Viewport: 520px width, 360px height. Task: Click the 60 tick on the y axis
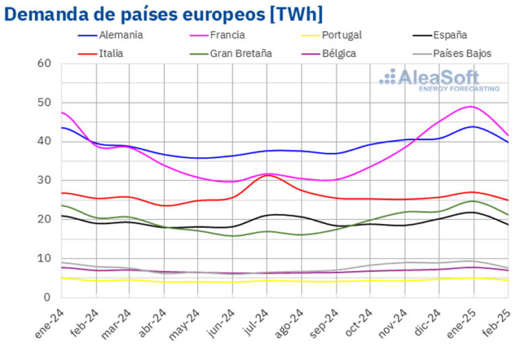point(45,64)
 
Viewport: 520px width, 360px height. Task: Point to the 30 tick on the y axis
point(45,181)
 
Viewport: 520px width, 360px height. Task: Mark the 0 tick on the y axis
point(47,297)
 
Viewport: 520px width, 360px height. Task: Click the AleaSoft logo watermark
point(439,79)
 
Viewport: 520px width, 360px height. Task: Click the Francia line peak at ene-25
point(473,106)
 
